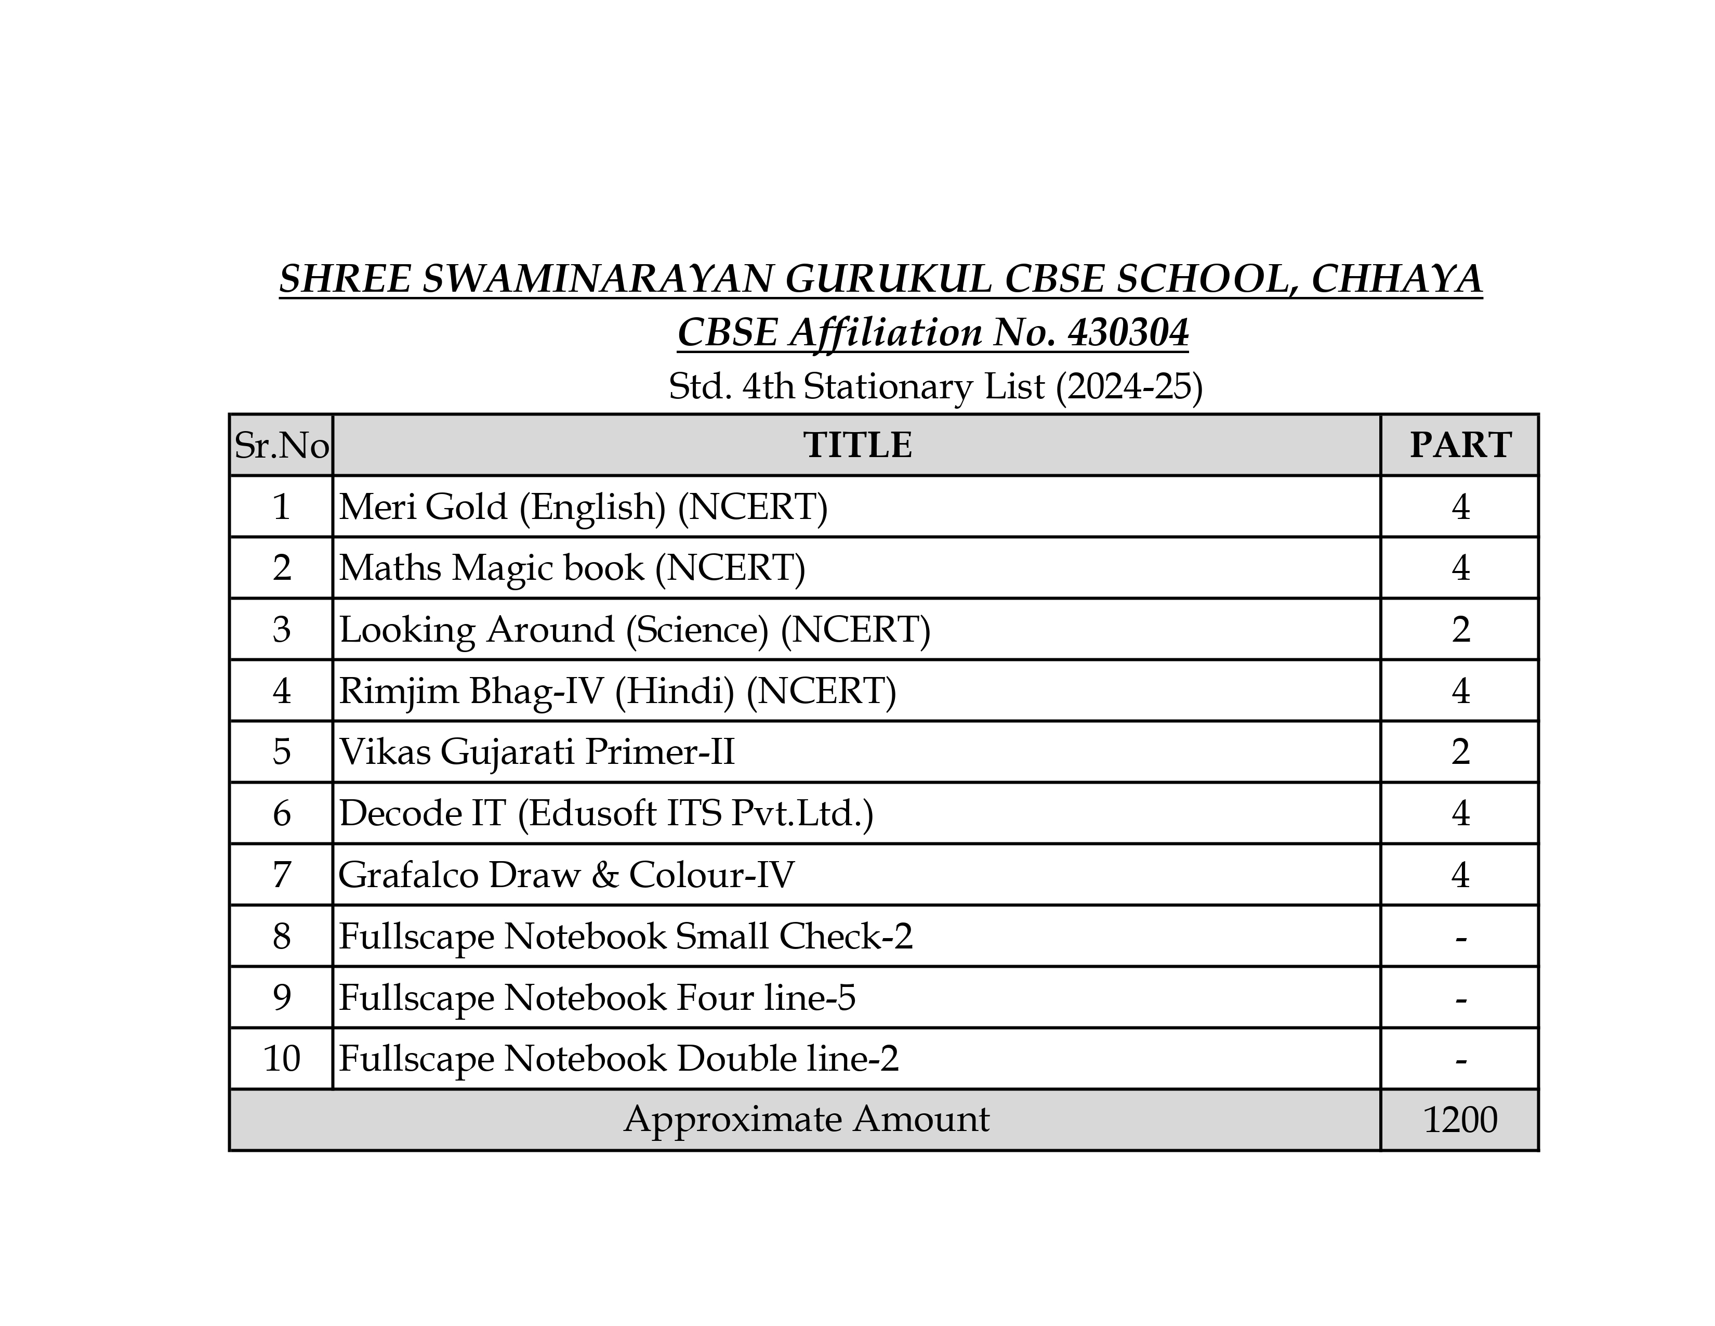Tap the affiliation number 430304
click(1128, 332)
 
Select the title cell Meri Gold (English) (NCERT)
click(583, 506)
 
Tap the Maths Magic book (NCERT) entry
click(572, 568)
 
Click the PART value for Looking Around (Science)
click(1460, 629)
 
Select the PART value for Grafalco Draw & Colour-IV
click(1460, 874)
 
